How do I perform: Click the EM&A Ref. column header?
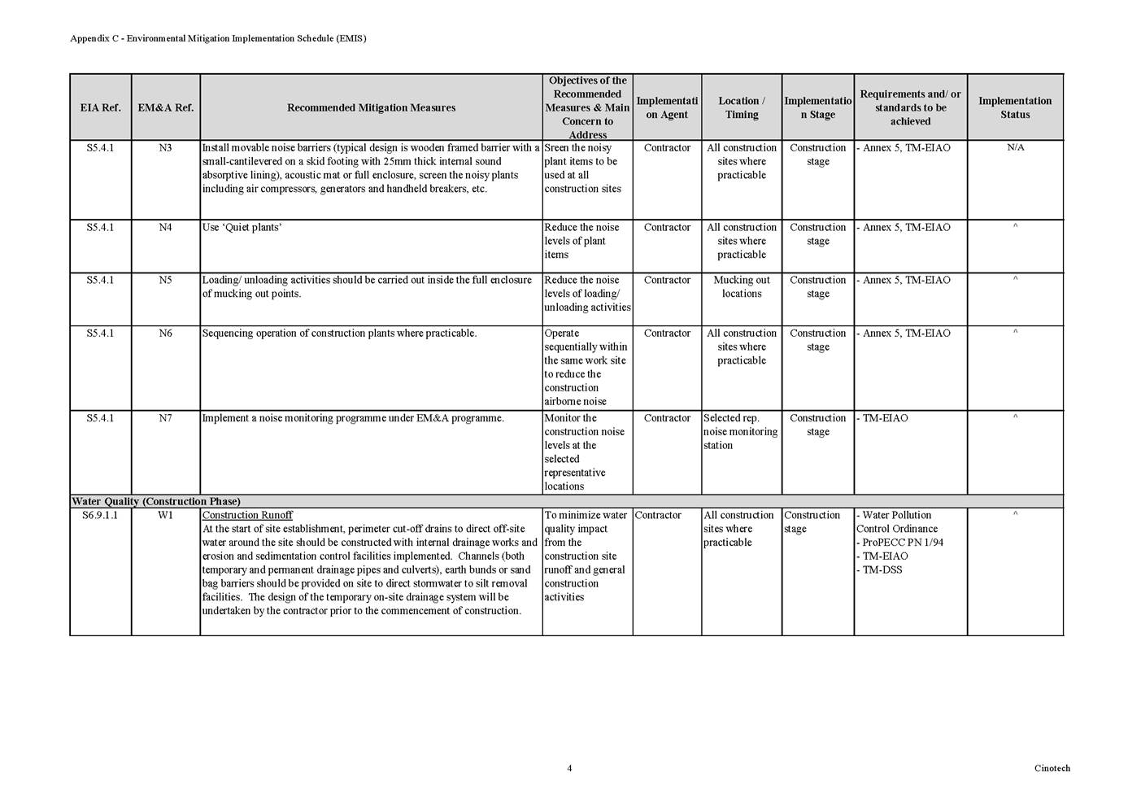(165, 107)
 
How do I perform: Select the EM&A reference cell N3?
(165, 148)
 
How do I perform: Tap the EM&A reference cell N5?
(165, 281)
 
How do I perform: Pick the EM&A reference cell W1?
(165, 516)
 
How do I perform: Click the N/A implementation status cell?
(1015, 148)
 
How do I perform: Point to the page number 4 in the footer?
(569, 768)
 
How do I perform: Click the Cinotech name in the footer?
(1052, 768)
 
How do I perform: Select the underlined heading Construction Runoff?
(247, 516)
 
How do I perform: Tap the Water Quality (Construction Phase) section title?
(156, 501)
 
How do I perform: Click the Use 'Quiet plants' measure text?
(242, 228)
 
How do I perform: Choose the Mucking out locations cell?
(742, 287)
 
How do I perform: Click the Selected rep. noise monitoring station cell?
(740, 432)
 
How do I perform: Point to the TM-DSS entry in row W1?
(882, 570)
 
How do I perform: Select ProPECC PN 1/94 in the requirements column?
(902, 543)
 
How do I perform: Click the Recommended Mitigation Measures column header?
(371, 107)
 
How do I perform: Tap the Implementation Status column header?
(1015, 107)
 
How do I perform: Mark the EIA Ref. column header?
(100, 107)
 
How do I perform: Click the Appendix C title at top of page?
(218, 38)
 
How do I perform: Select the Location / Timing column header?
(742, 107)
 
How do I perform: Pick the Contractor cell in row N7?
(667, 418)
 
